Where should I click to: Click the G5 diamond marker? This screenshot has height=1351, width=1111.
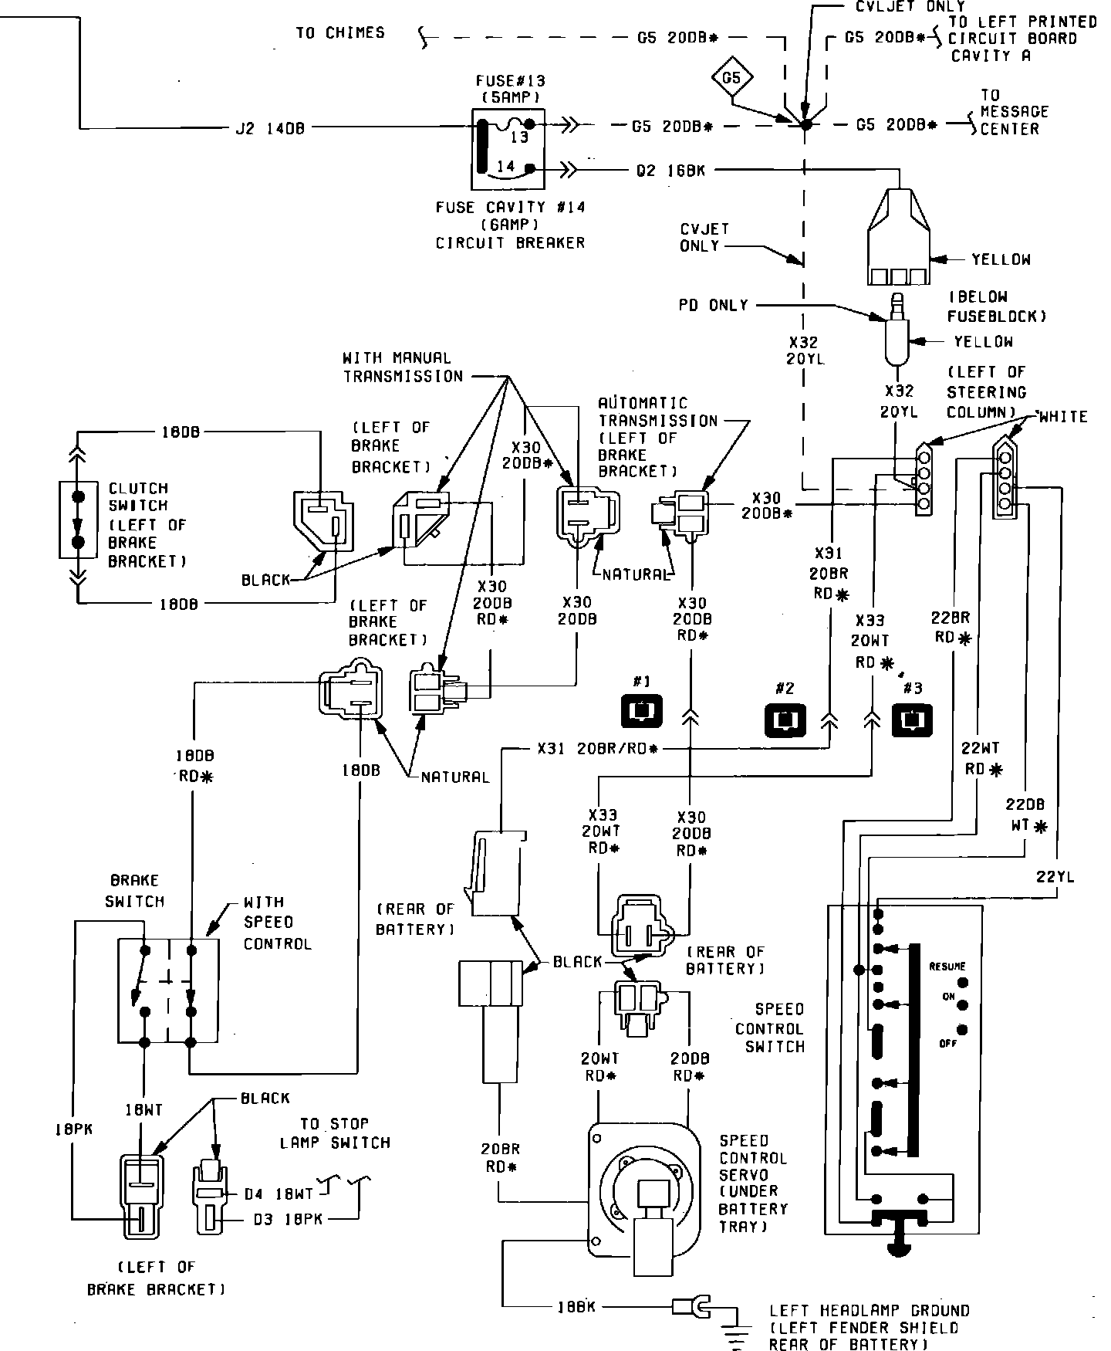pyautogui.click(x=731, y=78)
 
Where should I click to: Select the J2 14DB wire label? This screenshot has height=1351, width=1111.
pyautogui.click(x=270, y=128)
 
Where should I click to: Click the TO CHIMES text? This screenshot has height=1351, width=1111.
pyautogui.click(x=340, y=33)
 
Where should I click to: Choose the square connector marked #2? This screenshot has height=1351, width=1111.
pyautogui.click(x=785, y=720)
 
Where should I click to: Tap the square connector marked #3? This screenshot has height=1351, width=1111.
pyautogui.click(x=912, y=719)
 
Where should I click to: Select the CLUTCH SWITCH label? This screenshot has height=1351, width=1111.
pyautogui.click(x=138, y=497)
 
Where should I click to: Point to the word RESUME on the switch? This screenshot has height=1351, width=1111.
pyautogui.click(x=947, y=967)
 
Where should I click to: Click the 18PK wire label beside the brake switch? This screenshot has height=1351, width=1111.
pyautogui.click(x=73, y=1129)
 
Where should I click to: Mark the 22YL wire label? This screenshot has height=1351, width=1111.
pyautogui.click(x=1055, y=876)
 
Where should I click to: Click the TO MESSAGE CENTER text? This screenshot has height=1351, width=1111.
pyautogui.click(x=1015, y=112)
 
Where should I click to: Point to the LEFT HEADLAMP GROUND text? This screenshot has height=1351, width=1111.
pyautogui.click(x=870, y=1311)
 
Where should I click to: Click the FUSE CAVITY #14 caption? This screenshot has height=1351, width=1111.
pyautogui.click(x=511, y=207)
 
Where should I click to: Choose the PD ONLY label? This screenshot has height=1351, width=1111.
pyautogui.click(x=714, y=305)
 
